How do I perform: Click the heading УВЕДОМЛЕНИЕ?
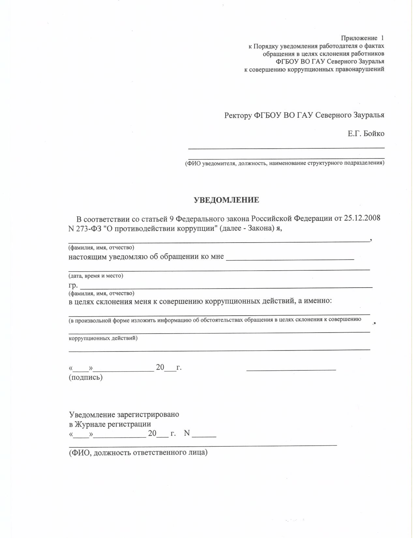pyautogui.click(x=227, y=200)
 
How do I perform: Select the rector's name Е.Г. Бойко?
pyautogui.click(x=366, y=133)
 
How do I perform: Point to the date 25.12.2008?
pyautogui.click(x=362, y=218)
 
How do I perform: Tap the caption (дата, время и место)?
pyautogui.click(x=96, y=276)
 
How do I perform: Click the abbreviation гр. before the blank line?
pyautogui.click(x=73, y=286)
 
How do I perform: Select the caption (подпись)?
pyautogui.click(x=86, y=378)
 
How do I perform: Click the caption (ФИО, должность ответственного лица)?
pyautogui.click(x=138, y=453)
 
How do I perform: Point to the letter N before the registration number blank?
pyautogui.click(x=187, y=433)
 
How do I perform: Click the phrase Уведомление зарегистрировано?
pyautogui.click(x=124, y=415)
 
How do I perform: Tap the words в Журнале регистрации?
pyautogui.click(x=110, y=424)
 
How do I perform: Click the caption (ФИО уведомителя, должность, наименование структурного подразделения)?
pyautogui.click(x=285, y=163)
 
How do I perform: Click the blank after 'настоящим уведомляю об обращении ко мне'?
pyautogui.click(x=290, y=259)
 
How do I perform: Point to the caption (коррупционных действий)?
pyautogui.click(x=103, y=338)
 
